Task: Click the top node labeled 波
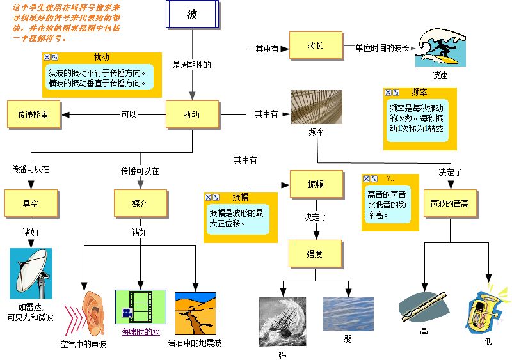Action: (193, 15)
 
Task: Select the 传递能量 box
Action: (33, 114)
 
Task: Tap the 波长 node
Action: (315, 46)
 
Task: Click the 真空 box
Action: (31, 203)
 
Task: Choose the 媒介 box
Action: (140, 203)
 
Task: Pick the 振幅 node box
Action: (316, 184)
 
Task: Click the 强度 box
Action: (314, 254)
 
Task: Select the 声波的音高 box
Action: (450, 203)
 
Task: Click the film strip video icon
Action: (140, 306)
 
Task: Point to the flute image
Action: (422, 307)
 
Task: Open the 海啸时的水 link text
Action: (140, 332)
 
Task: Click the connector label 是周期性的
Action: (192, 65)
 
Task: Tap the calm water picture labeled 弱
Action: (348, 313)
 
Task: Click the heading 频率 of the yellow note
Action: (420, 92)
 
